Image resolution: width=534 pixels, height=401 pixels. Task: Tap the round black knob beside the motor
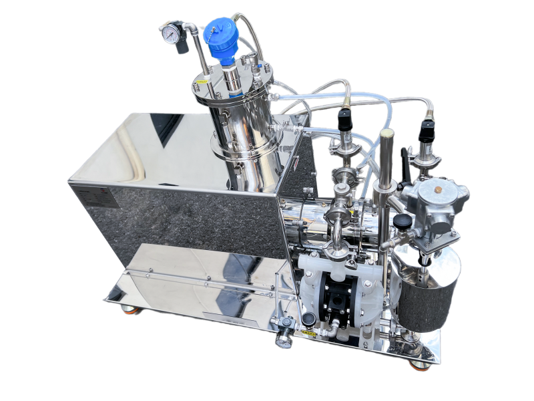400,221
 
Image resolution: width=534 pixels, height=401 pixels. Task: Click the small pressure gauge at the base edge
284,340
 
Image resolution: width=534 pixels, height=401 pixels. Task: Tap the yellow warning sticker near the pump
308,331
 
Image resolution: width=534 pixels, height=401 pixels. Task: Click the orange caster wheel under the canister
419,365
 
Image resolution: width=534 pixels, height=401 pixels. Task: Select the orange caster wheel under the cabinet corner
126,308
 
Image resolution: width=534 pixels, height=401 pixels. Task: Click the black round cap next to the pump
308,318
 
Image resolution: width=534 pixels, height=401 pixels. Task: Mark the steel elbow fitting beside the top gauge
190,27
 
